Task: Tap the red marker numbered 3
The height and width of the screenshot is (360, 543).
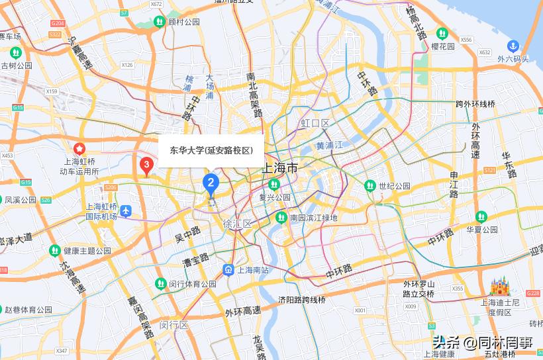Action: click(x=146, y=164)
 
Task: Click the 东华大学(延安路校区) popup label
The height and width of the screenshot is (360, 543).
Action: click(x=211, y=150)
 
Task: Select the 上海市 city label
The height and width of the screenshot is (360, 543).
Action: click(x=280, y=168)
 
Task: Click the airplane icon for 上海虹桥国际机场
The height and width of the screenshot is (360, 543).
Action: click(x=126, y=211)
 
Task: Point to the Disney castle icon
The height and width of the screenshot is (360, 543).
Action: click(x=499, y=287)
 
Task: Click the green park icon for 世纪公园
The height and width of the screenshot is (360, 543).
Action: click(x=370, y=186)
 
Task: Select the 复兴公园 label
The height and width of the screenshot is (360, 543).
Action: click(x=274, y=197)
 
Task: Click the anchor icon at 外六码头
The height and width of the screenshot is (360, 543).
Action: click(x=512, y=46)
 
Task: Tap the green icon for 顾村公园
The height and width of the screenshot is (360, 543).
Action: click(x=159, y=21)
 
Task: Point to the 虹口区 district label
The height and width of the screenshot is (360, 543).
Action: click(x=315, y=124)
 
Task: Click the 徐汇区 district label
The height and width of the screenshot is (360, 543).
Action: click(x=238, y=224)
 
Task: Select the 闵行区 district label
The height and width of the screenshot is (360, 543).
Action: click(x=174, y=325)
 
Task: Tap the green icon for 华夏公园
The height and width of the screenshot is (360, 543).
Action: click(x=481, y=216)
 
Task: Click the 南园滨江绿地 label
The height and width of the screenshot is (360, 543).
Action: click(x=313, y=218)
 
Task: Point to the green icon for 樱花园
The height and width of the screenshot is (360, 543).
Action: click(x=442, y=33)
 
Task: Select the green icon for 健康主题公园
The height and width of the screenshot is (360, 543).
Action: click(x=54, y=250)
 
